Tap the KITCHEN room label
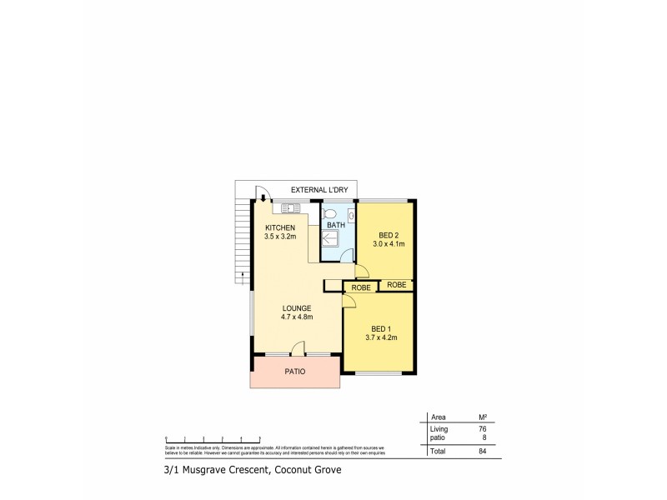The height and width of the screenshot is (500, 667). (280, 227)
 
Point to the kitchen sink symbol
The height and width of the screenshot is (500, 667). (291, 208)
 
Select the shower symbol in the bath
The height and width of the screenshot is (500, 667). (331, 240)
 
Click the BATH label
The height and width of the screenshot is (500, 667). (335, 226)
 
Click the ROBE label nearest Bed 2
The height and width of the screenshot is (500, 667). (397, 284)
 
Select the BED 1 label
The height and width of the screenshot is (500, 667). (380, 328)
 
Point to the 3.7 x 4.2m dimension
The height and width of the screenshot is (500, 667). (380, 337)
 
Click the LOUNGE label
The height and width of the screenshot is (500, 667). (296, 307)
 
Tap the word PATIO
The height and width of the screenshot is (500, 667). (294, 372)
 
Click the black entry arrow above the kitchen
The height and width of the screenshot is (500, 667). (263, 198)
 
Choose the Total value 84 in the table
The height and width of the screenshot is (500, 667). (482, 451)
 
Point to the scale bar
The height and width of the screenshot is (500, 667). (213, 437)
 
